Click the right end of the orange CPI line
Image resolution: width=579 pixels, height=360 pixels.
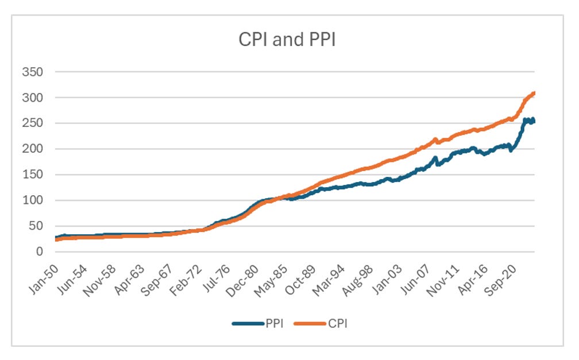tap(534, 93)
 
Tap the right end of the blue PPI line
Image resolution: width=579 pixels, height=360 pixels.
tap(534, 121)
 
